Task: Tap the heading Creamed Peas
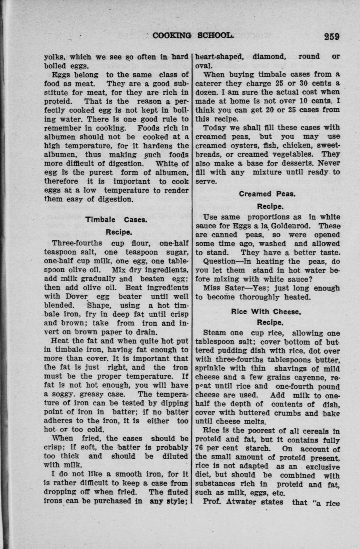[267, 194]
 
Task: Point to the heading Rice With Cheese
[267, 311]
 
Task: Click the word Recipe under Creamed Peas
[270, 206]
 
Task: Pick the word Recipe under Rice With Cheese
[270, 322]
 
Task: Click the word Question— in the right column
[221, 261]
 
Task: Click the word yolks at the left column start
[53, 57]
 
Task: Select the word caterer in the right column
[211, 83]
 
